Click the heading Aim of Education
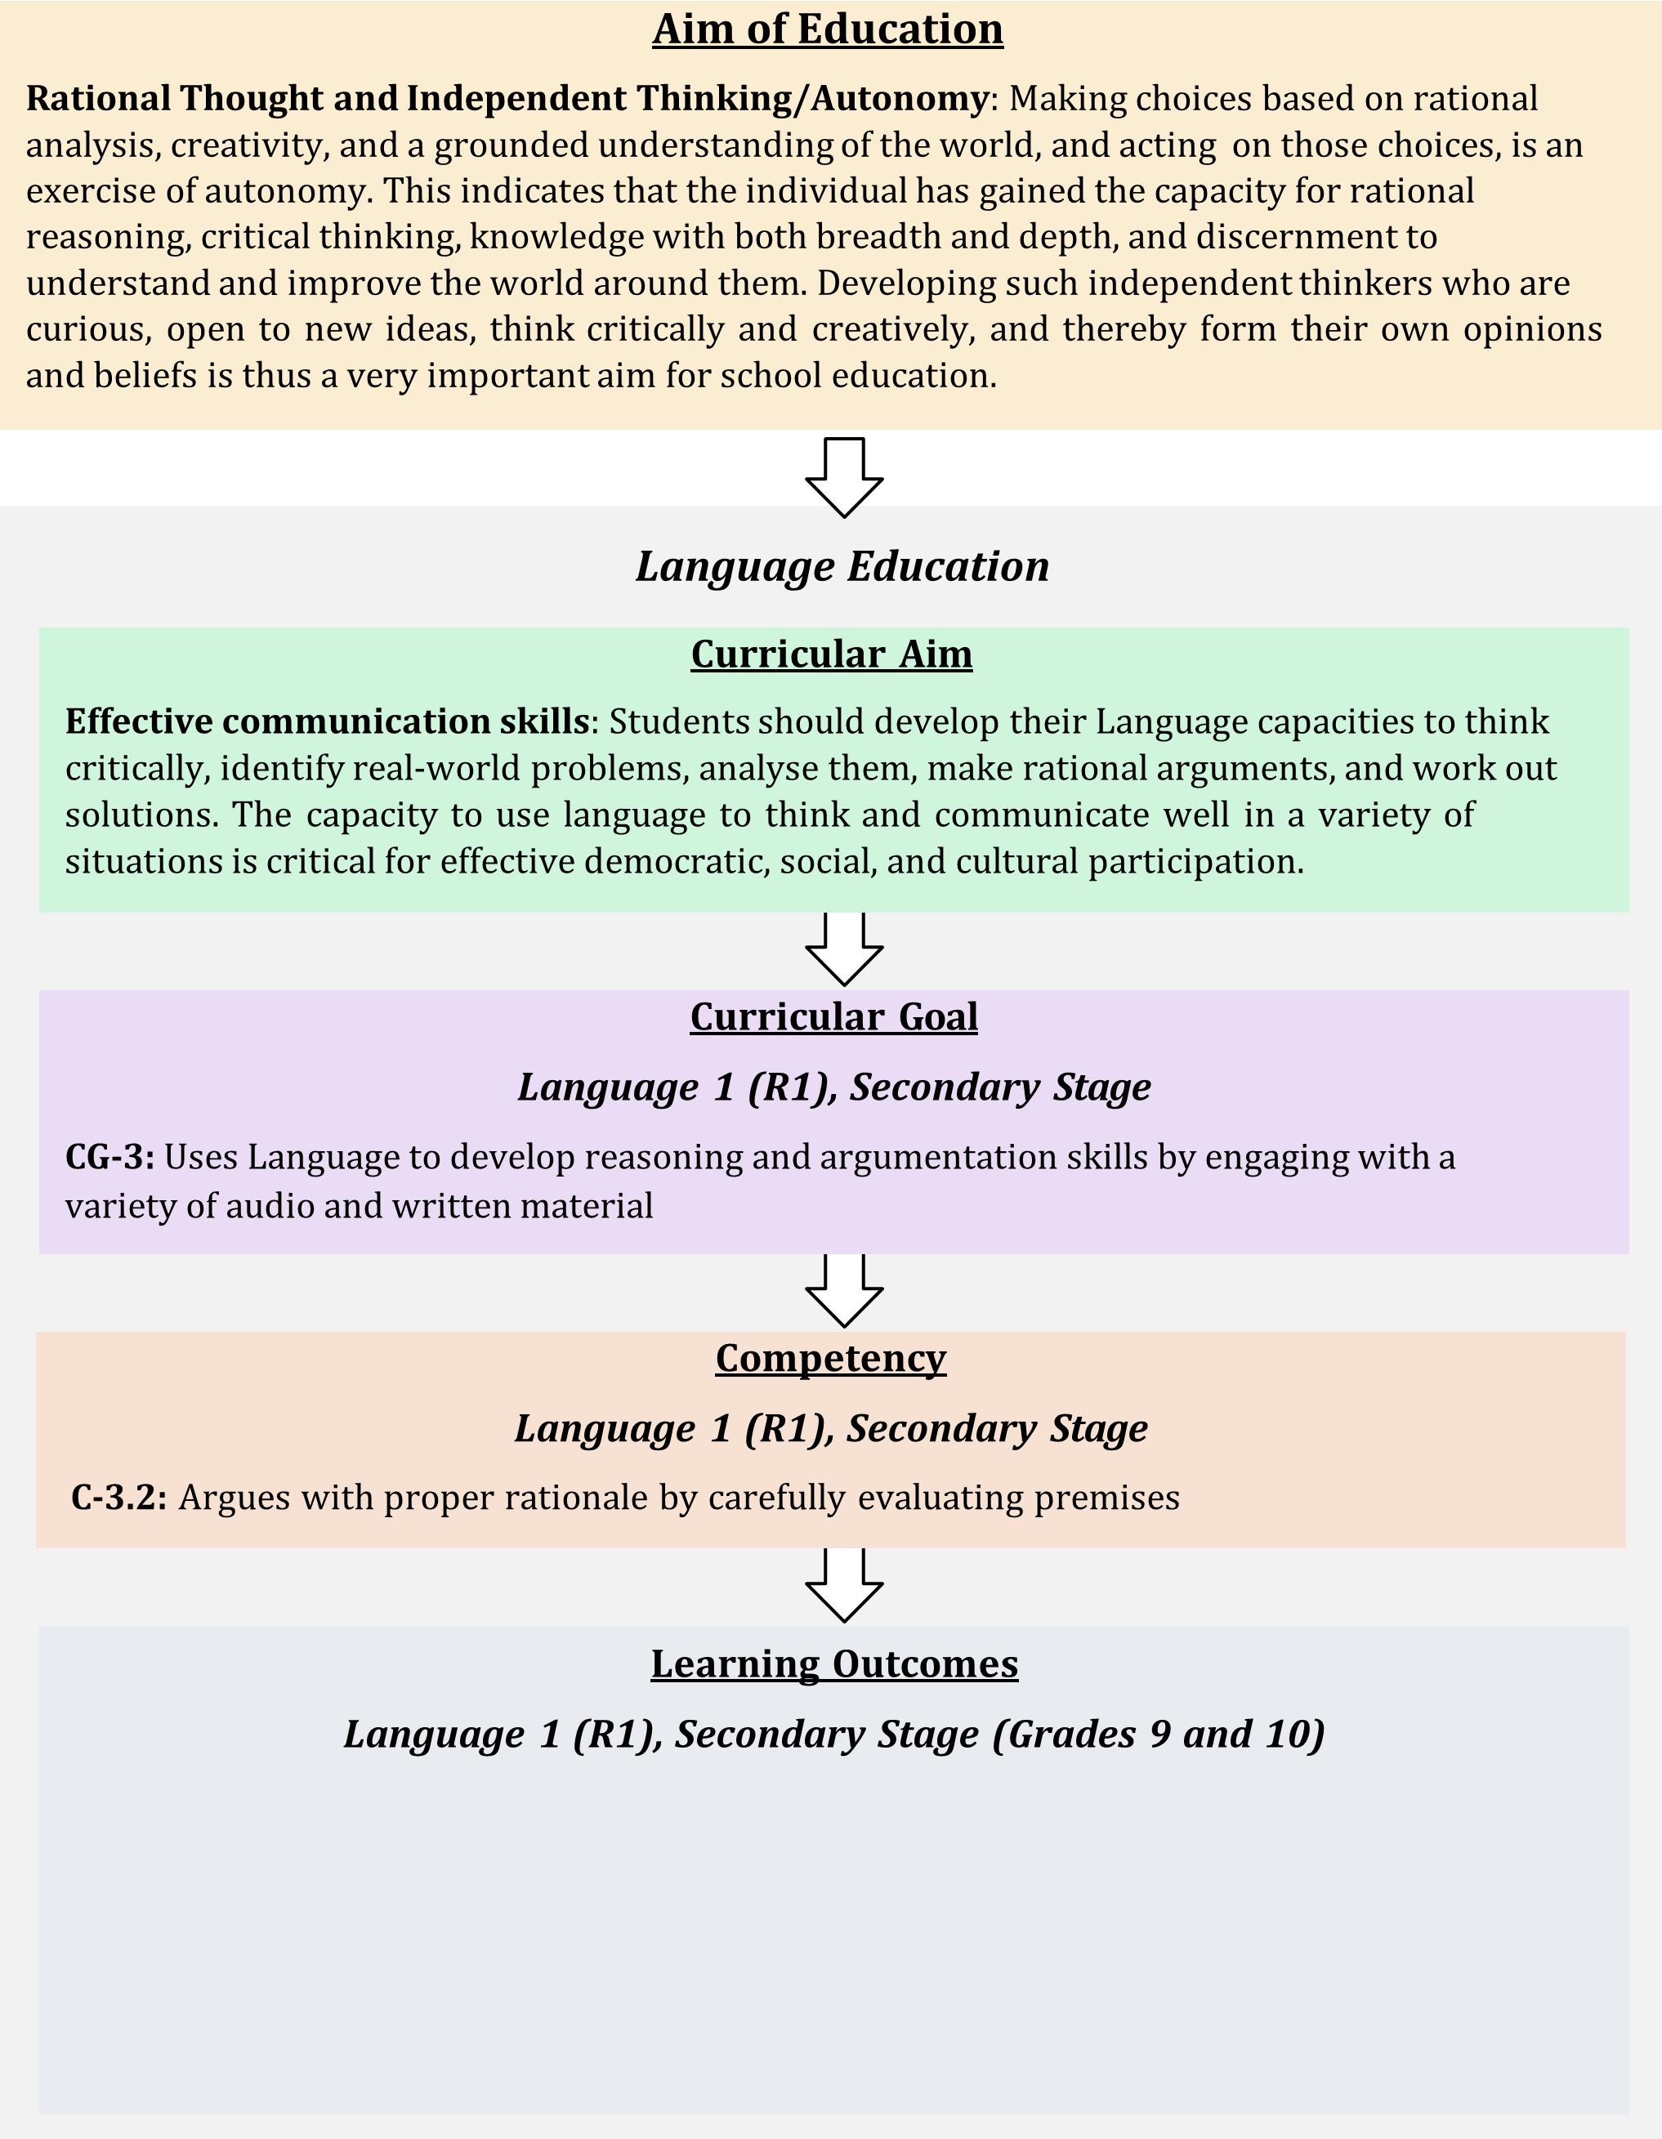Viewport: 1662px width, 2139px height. (828, 29)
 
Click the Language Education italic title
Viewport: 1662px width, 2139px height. (842, 566)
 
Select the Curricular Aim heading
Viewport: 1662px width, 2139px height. (832, 654)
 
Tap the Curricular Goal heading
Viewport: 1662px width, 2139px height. (834, 1016)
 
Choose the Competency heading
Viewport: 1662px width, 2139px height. (830, 1360)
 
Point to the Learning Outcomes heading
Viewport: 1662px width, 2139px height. (834, 1664)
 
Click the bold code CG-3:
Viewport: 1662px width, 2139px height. (109, 1158)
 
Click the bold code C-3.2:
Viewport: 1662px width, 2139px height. (119, 1498)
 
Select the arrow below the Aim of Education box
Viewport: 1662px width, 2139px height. (844, 477)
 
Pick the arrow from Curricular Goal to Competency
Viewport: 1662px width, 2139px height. (844, 1291)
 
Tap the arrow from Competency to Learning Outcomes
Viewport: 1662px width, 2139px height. (844, 1586)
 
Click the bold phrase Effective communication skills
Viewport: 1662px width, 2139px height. (327, 721)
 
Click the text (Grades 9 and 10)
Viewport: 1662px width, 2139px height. (1159, 1735)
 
